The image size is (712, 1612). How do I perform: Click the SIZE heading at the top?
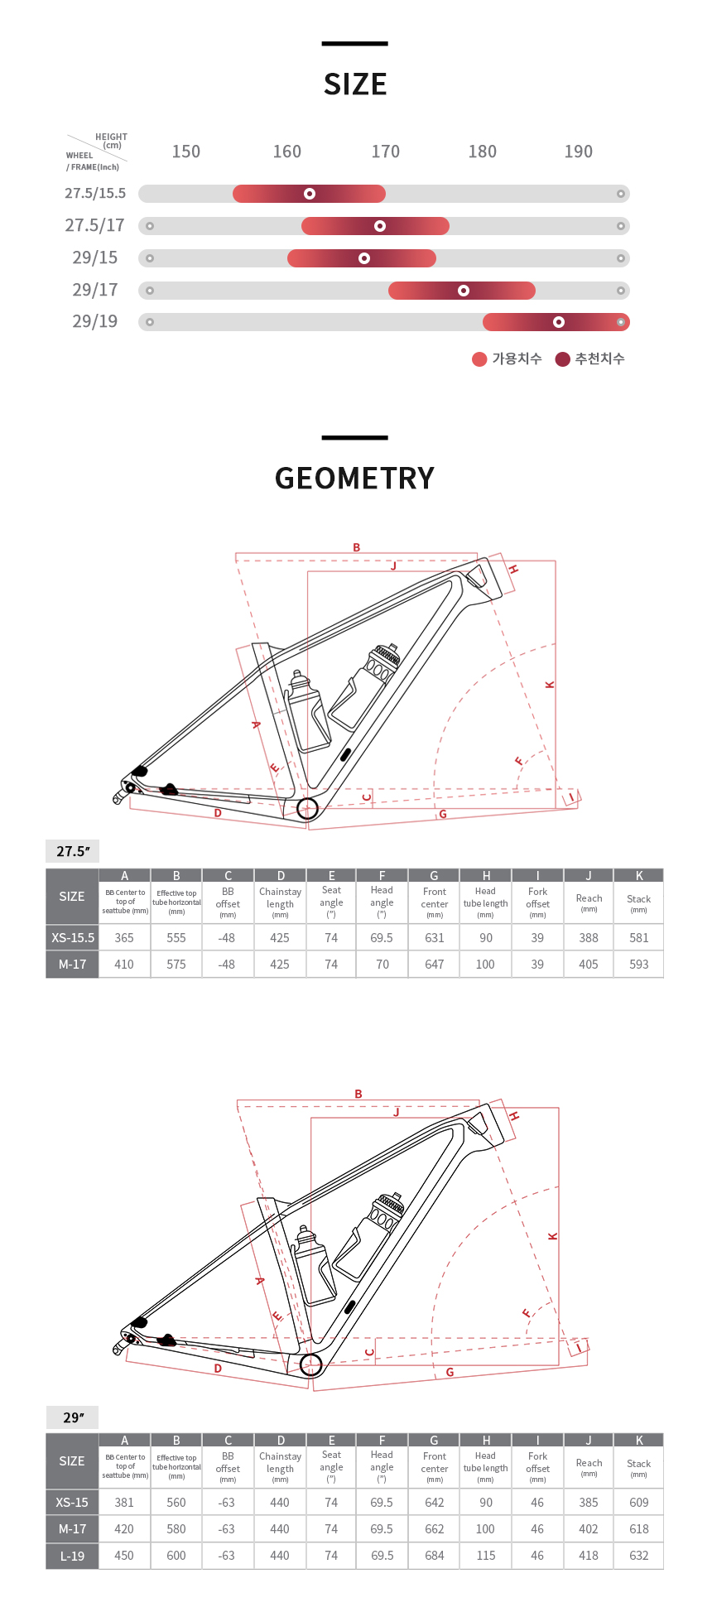tap(355, 84)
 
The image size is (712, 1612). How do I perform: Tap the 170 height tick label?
tap(385, 152)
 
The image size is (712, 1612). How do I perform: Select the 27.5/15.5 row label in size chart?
tap(95, 193)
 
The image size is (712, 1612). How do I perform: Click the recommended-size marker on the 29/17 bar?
tap(464, 291)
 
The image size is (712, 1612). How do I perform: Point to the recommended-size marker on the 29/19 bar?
tap(559, 322)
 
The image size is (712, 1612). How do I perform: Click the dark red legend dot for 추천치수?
tap(563, 358)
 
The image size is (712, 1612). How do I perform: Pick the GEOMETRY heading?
tap(354, 479)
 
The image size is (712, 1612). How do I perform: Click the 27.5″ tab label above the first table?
tap(73, 851)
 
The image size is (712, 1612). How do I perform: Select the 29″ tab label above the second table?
tap(73, 1417)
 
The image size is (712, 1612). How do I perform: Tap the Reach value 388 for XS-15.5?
tap(589, 938)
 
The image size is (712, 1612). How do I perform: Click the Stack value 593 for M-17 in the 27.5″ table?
tap(638, 965)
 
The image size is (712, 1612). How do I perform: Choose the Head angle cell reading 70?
tap(382, 965)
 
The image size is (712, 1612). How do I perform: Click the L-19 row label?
tap(72, 1556)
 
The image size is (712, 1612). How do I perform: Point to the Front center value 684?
tap(434, 1556)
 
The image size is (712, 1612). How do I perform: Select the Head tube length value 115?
tap(486, 1556)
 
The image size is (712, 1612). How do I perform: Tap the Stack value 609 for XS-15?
tap(638, 1503)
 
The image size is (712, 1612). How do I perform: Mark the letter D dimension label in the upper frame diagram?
tap(218, 813)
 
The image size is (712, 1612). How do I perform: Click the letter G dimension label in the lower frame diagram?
tap(450, 1372)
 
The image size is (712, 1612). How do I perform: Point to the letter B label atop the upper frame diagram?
tap(357, 547)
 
